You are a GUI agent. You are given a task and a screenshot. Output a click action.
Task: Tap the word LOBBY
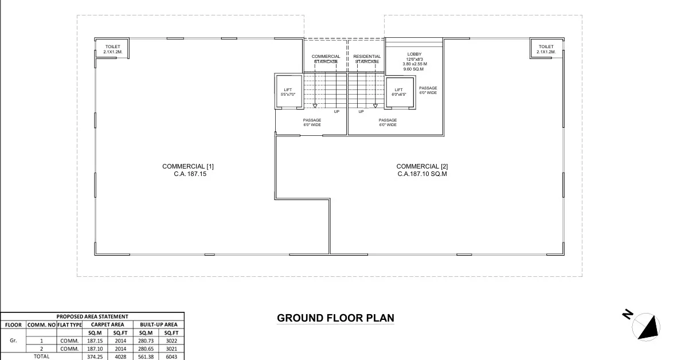414,54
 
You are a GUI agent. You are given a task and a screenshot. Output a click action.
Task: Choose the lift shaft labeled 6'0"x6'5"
399,92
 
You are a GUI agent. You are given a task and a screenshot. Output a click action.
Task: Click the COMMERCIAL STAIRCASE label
326,58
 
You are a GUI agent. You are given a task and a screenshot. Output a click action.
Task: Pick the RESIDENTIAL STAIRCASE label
367,58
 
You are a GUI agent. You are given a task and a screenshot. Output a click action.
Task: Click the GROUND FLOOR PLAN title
335,318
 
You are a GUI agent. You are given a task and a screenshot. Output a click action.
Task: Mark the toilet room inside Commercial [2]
546,49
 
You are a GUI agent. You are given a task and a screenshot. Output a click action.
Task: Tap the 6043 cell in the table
171,356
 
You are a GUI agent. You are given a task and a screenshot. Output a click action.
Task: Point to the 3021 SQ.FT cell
171,348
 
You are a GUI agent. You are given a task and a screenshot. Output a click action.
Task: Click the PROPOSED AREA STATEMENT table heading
92,316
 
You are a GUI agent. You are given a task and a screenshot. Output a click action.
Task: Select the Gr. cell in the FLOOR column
13,340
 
